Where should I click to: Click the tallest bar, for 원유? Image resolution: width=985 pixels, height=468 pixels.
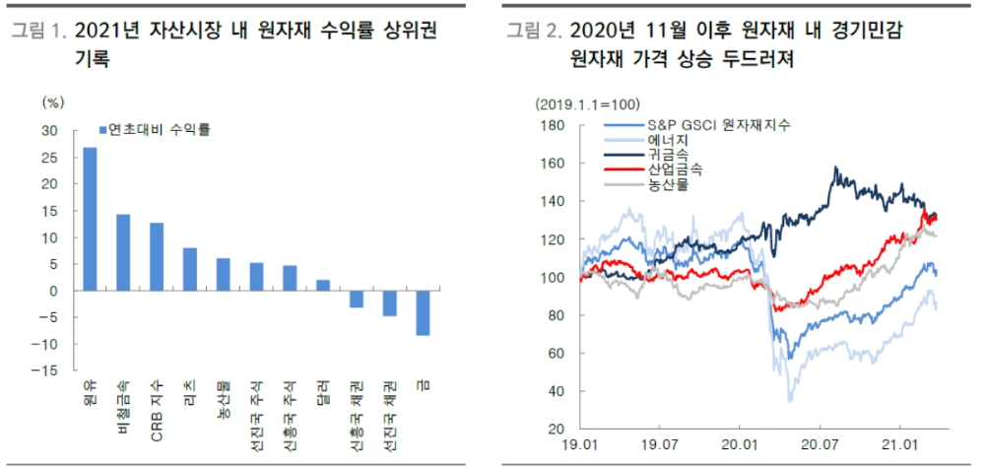(x=90, y=219)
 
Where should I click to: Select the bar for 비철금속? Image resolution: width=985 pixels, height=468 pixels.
(x=123, y=252)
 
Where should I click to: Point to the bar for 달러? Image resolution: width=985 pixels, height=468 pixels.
(x=323, y=286)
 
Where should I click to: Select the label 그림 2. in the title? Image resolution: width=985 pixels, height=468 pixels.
(x=533, y=33)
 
